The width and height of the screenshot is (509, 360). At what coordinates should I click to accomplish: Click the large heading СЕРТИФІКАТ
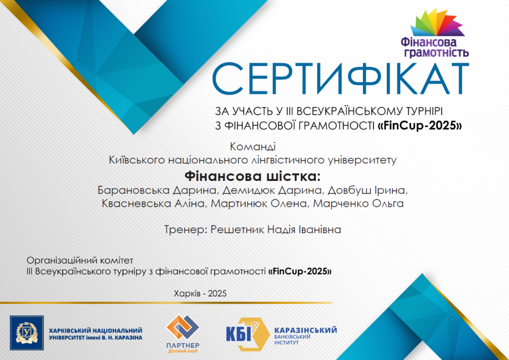pyautogui.click(x=340, y=79)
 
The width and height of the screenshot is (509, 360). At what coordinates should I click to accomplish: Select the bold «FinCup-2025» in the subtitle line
pyautogui.click(x=420, y=125)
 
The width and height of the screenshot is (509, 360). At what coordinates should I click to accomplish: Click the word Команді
pyautogui.click(x=253, y=147)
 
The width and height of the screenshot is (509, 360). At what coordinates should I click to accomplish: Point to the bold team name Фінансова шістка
pyautogui.click(x=252, y=177)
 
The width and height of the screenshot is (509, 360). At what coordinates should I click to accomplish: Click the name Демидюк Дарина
pyautogui.click(x=273, y=190)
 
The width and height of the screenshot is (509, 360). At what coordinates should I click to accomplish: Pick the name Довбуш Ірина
pyautogui.click(x=367, y=190)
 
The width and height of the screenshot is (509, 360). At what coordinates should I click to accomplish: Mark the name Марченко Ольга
pyautogui.click(x=358, y=203)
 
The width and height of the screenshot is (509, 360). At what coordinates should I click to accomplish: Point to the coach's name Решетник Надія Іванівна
pyautogui.click(x=276, y=230)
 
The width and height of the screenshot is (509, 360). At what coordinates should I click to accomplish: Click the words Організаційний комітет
pyautogui.click(x=80, y=261)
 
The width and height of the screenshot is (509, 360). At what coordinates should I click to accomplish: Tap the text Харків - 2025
pyautogui.click(x=200, y=293)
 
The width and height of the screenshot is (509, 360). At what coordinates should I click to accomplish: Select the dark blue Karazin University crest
pyautogui.click(x=27, y=333)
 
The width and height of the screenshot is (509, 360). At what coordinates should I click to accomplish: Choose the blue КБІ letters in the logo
pyautogui.click(x=238, y=334)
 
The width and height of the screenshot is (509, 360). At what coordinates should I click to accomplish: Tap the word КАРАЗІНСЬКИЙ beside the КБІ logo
pyautogui.click(x=306, y=330)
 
